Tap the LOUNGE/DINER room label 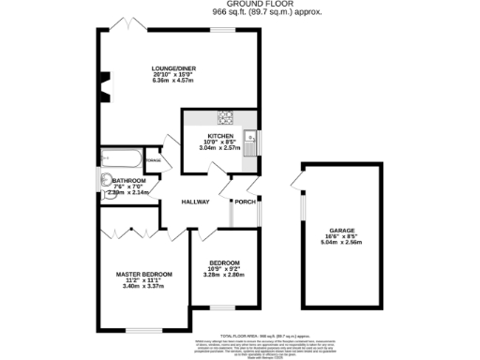coord(173,68)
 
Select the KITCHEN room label coord(207,135)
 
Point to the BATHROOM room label coord(129,180)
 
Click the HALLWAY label coord(195,202)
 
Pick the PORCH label coord(246,202)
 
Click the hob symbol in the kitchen coord(225,118)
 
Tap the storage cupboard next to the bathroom coord(153,160)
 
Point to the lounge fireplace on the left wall coord(103,86)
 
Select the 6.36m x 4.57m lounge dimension coord(173,82)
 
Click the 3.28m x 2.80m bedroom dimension coord(224,276)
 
